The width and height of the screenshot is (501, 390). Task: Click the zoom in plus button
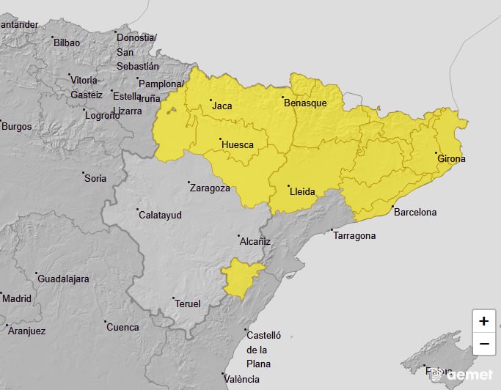coord(483,321)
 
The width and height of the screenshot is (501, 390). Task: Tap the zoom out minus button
coord(483,343)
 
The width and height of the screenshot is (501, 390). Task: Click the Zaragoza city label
coord(210,188)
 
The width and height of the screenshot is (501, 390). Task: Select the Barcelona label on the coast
coord(414,213)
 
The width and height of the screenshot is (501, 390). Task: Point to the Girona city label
coord(451,158)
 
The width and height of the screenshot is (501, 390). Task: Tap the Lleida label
coord(302,192)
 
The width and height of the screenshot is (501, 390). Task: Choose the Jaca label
coord(222,106)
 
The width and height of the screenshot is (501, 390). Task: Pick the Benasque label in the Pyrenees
coord(304,103)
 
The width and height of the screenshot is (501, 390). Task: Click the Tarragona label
coord(355,235)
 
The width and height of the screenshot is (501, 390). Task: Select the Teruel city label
coord(187,303)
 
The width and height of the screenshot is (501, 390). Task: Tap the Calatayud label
coord(159,215)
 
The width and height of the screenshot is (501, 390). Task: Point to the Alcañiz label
coord(255,240)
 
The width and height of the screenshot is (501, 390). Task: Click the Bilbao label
coord(67,43)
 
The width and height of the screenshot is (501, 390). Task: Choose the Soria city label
coord(95,178)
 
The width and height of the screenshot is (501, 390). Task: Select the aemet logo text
coord(469,375)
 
